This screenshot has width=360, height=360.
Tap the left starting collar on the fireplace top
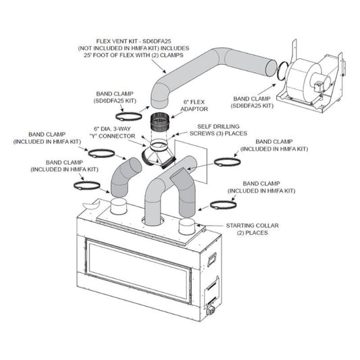click(x=119, y=206)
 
